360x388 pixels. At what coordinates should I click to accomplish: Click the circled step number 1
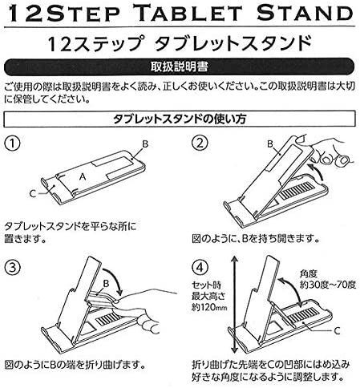(12, 143)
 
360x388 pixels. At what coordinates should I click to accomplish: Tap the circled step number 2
(200, 143)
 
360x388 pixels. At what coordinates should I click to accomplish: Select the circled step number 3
(12, 268)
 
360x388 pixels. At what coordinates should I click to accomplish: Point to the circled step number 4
(200, 268)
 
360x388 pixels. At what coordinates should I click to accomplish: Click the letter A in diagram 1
(83, 176)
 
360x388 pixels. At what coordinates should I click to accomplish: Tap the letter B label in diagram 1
(145, 144)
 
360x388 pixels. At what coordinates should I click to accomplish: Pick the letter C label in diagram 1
(33, 193)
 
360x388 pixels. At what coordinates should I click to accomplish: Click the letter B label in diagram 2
(270, 144)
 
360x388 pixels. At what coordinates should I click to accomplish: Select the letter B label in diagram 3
(106, 283)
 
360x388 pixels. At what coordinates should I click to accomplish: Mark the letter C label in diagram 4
(337, 331)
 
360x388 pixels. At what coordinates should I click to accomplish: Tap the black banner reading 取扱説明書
(179, 67)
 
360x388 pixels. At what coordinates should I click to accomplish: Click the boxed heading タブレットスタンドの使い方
(180, 119)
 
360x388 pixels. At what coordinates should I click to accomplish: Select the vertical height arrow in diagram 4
(234, 304)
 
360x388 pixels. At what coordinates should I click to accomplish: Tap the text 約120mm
(209, 308)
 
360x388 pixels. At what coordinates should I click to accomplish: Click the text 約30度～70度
(328, 285)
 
